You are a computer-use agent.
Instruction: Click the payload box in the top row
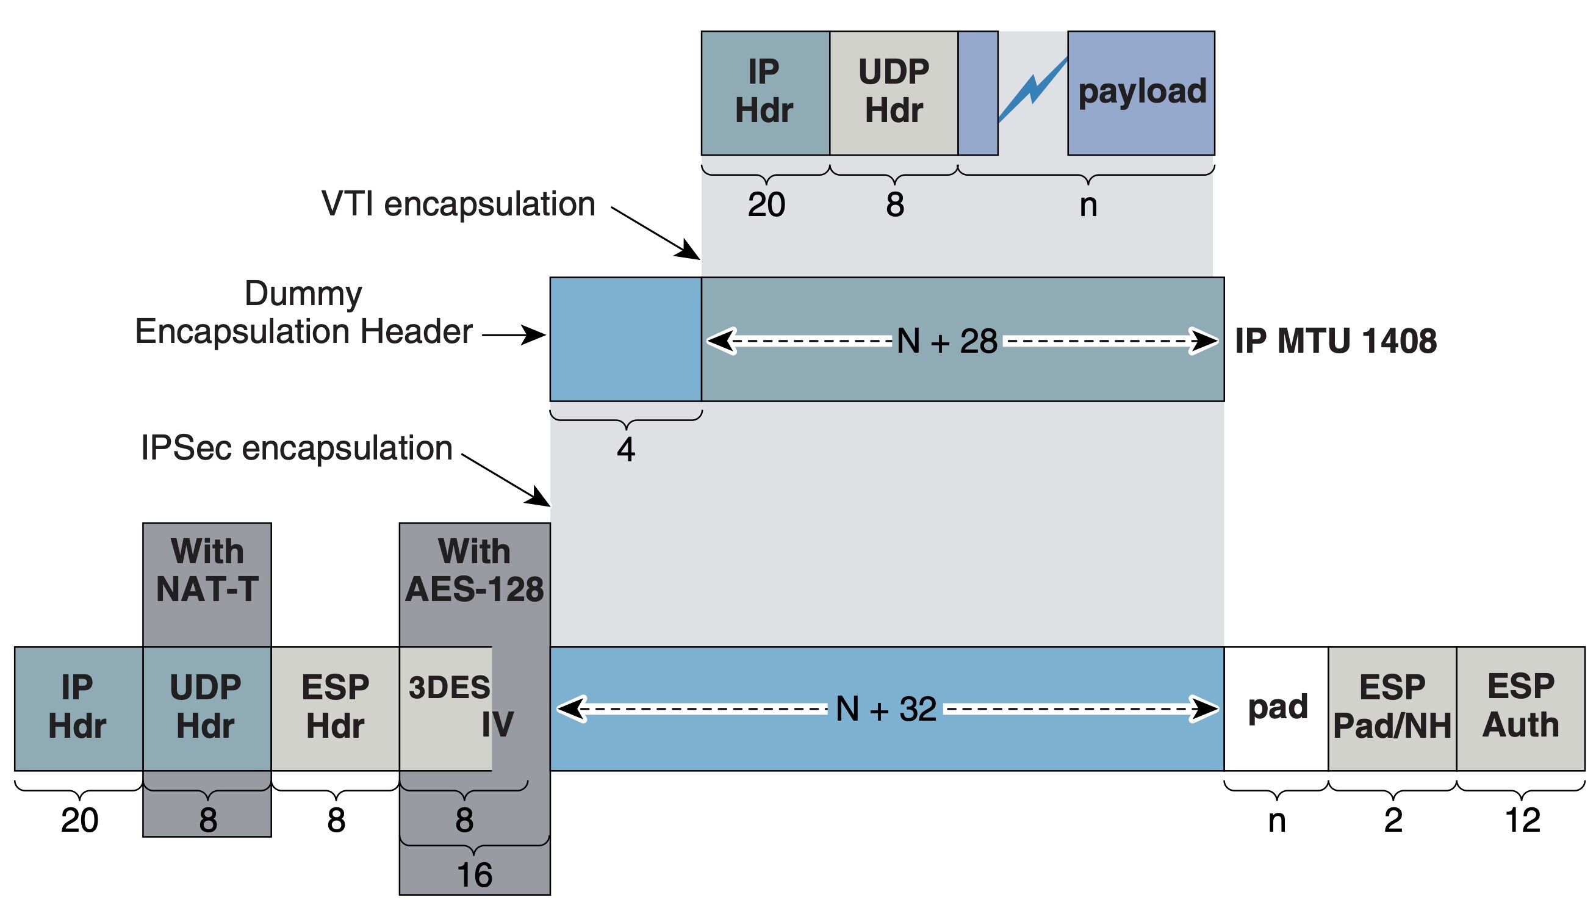tap(1141, 92)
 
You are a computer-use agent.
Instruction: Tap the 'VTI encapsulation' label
tap(458, 204)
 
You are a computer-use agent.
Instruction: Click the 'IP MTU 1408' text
tap(1335, 341)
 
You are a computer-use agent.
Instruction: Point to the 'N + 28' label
tap(946, 341)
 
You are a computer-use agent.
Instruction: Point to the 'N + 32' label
tap(885, 709)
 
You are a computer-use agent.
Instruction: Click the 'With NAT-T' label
tap(207, 570)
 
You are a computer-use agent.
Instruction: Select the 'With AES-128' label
tap(475, 570)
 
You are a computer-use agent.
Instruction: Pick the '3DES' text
tap(449, 688)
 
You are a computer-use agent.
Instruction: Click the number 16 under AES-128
tap(475, 875)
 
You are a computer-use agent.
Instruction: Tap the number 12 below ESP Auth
tap(1522, 820)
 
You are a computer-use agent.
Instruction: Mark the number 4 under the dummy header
tap(626, 450)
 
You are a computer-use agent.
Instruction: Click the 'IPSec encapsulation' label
tap(297, 448)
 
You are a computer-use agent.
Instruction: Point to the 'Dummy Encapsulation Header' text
tap(304, 313)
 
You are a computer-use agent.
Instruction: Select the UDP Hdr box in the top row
tap(893, 92)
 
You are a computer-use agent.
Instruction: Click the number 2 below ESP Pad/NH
tap(1393, 820)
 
